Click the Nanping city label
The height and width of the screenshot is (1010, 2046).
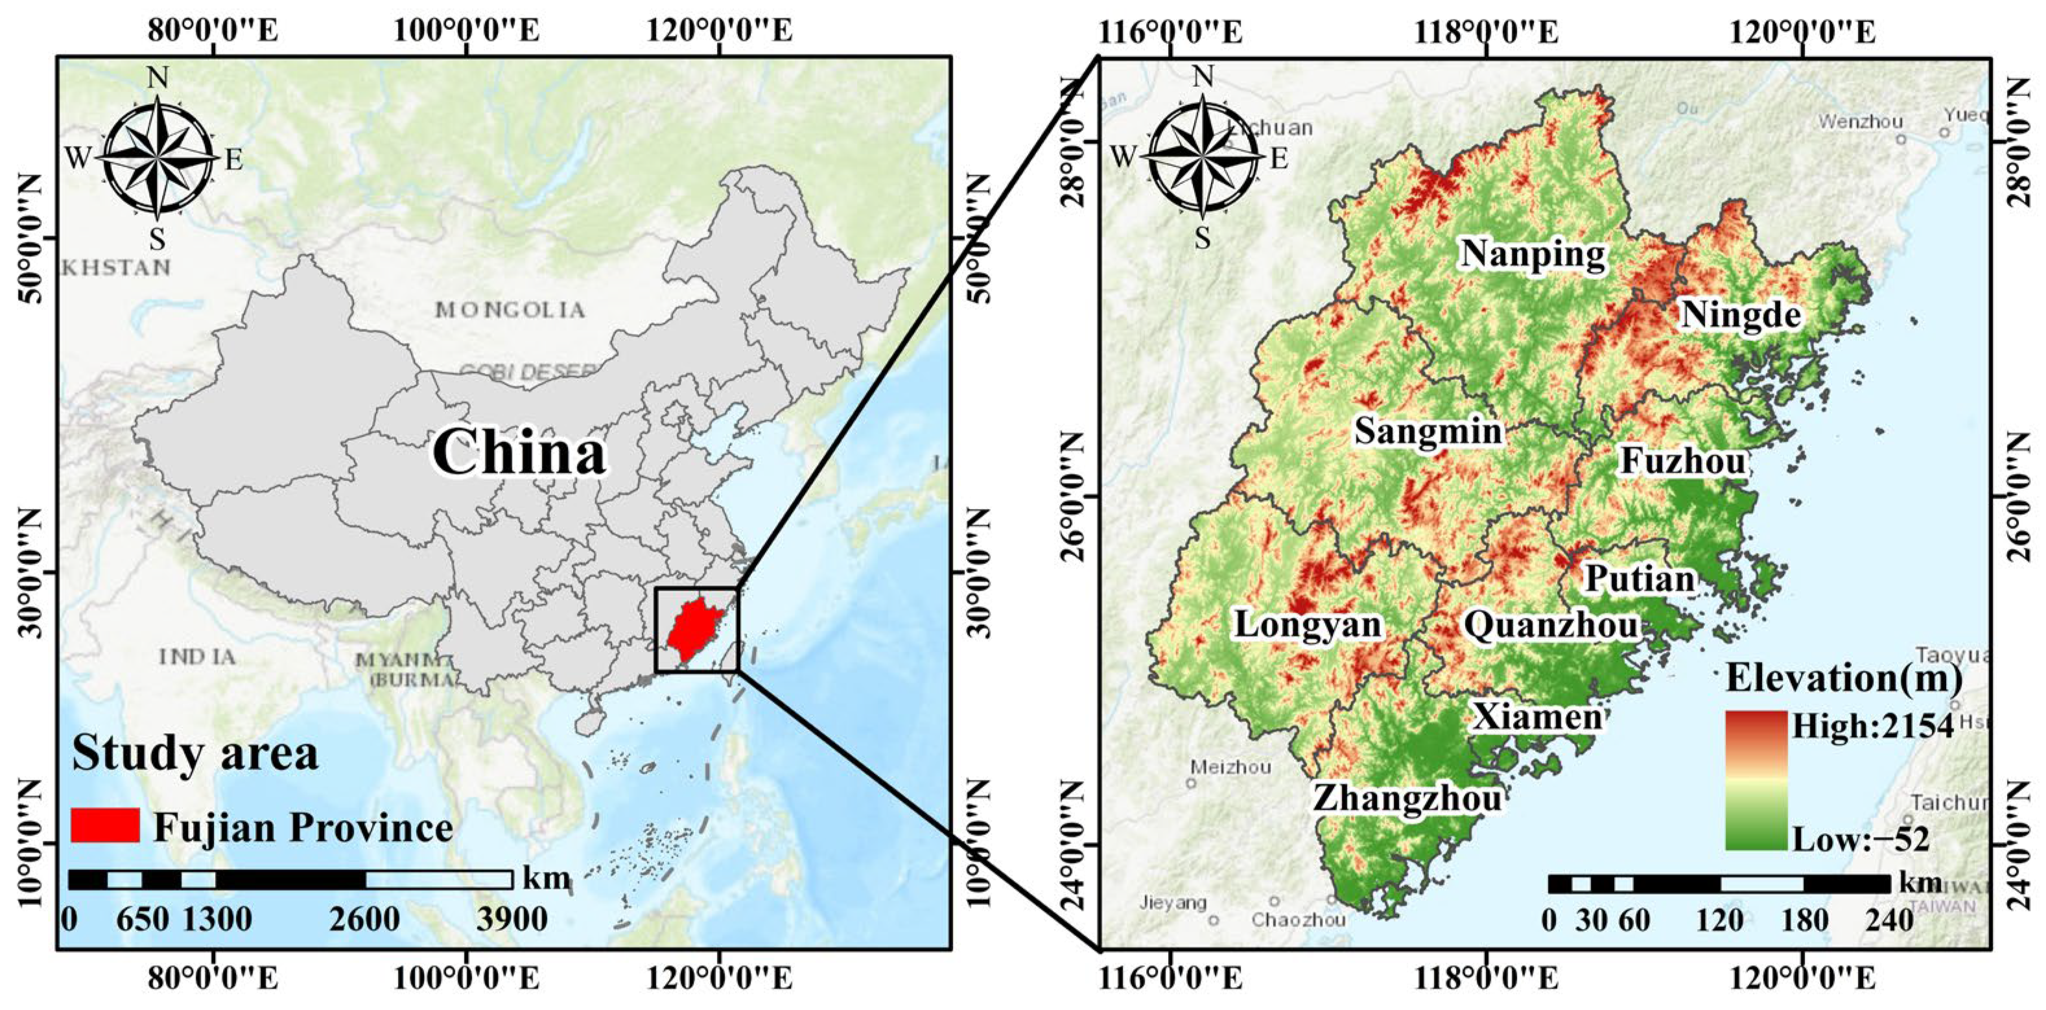pyautogui.click(x=1533, y=255)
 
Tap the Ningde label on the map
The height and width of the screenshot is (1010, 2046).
pyautogui.click(x=1740, y=315)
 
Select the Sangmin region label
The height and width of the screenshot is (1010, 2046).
pyautogui.click(x=1428, y=431)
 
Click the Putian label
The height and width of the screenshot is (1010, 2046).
pyautogui.click(x=1640, y=578)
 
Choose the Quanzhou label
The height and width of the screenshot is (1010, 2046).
pyautogui.click(x=1551, y=626)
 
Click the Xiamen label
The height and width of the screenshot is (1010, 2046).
pyautogui.click(x=1538, y=718)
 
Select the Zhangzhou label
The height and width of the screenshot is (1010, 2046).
pyautogui.click(x=1407, y=798)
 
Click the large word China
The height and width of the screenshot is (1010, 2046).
pyautogui.click(x=519, y=452)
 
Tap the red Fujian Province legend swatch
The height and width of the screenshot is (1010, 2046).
pyautogui.click(x=105, y=826)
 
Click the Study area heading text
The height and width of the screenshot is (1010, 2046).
pyautogui.click(x=194, y=753)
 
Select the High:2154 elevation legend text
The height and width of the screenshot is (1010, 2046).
pyautogui.click(x=1872, y=726)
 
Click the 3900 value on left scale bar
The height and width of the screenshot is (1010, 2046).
pyautogui.click(x=512, y=919)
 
